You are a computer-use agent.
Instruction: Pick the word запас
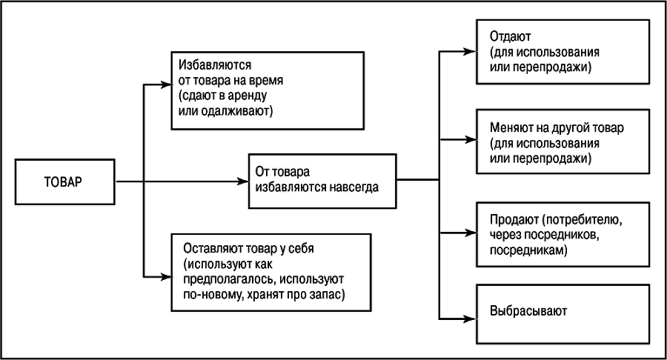(331, 296)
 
